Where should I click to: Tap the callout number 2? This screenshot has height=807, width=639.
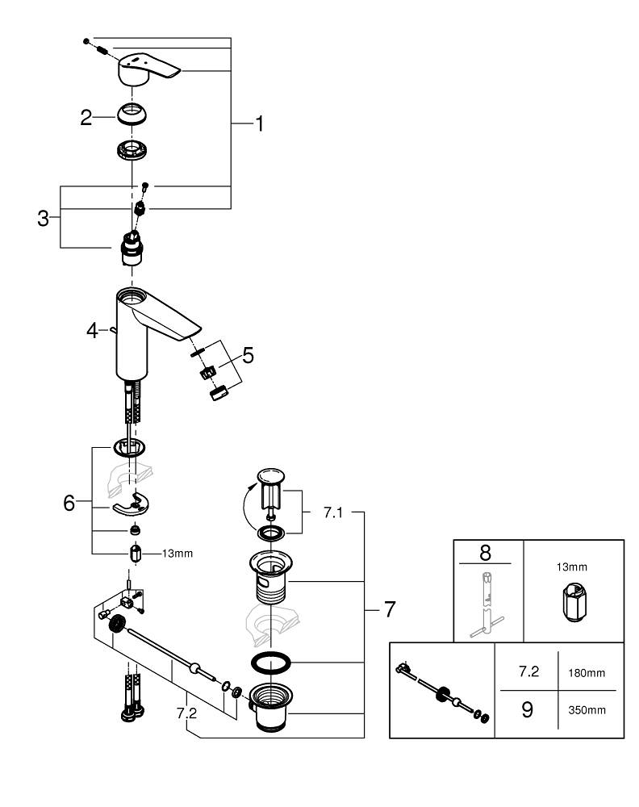pyautogui.click(x=86, y=118)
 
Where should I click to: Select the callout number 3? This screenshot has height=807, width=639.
pyautogui.click(x=44, y=218)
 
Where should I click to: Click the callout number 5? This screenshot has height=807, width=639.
pyautogui.click(x=247, y=354)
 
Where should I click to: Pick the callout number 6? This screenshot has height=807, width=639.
pyautogui.click(x=69, y=503)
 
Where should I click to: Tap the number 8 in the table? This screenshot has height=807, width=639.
pyautogui.click(x=485, y=553)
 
